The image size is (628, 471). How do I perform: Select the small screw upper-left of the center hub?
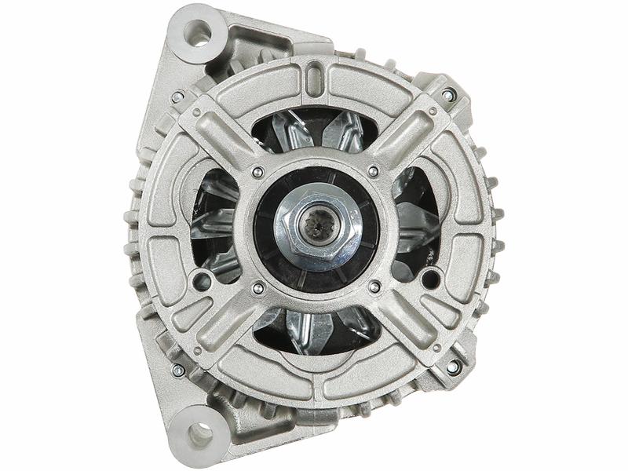click(x=257, y=171)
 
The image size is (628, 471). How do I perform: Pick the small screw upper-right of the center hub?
click(x=373, y=170)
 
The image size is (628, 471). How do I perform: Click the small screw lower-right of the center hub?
click(x=374, y=287)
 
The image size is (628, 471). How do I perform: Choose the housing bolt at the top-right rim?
click(x=448, y=95)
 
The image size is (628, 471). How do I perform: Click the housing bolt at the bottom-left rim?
click(x=178, y=369)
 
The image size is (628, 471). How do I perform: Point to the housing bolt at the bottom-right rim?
click(x=453, y=367)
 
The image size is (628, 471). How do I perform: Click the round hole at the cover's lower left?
click(x=202, y=279)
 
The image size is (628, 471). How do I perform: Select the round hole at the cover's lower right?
click(x=430, y=278)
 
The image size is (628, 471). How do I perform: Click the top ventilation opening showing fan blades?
click(x=314, y=130)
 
